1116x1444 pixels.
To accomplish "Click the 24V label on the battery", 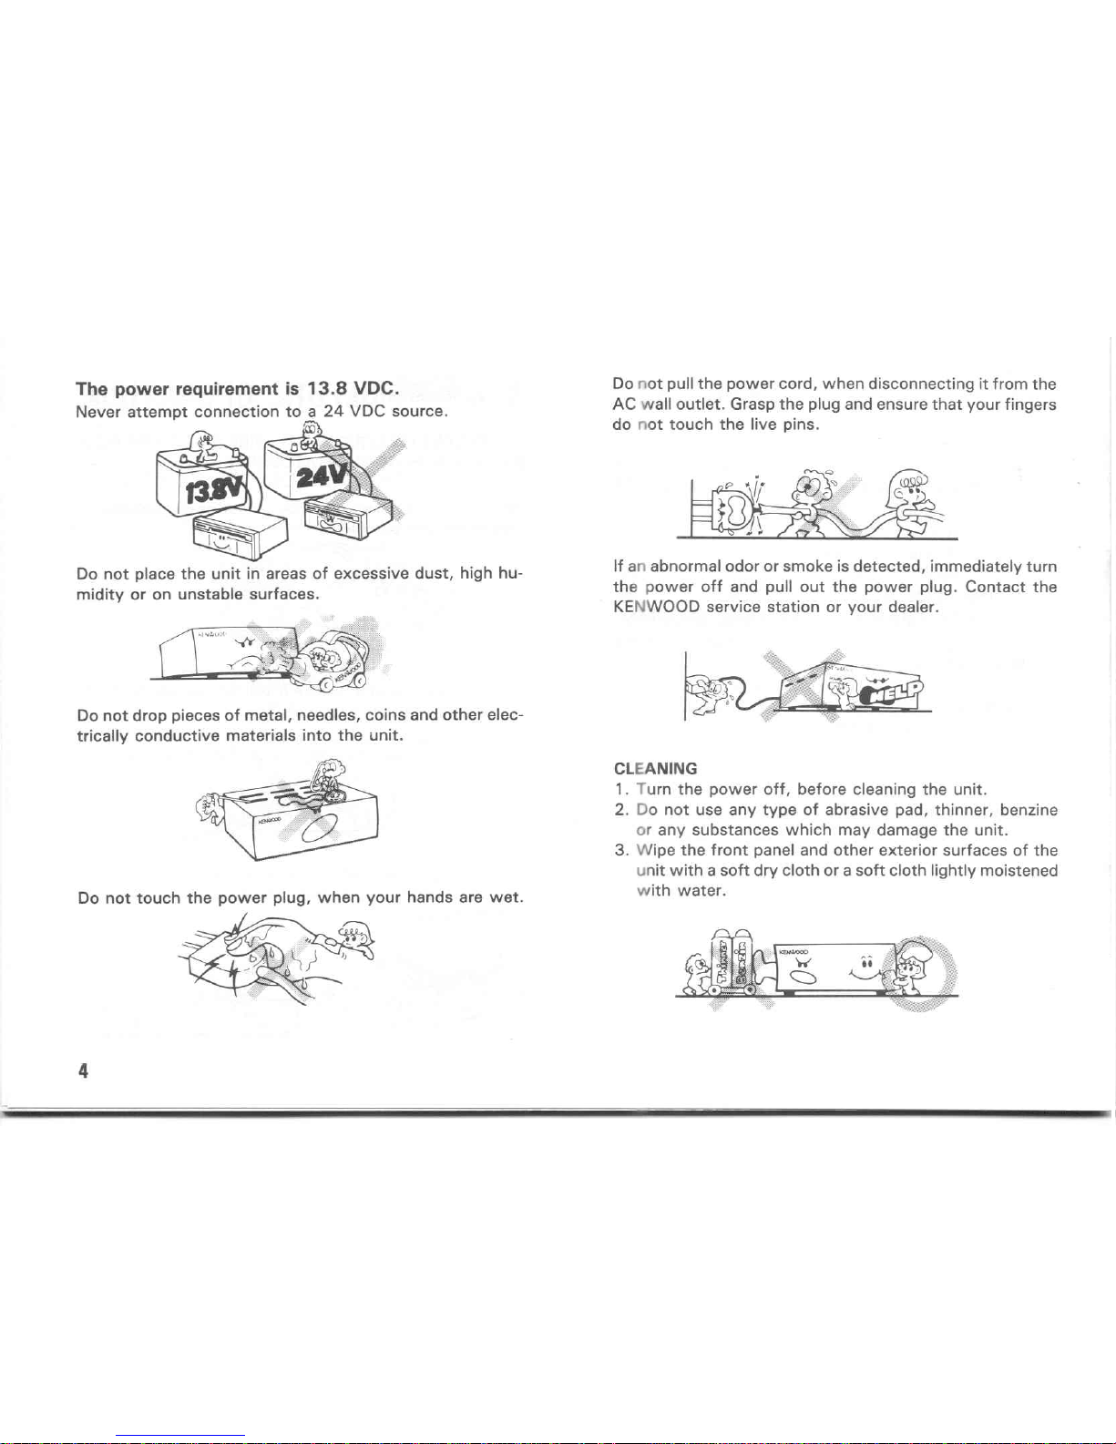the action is tap(323, 475).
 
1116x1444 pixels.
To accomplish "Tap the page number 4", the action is tap(83, 1070).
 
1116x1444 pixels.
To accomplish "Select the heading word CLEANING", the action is tap(655, 769).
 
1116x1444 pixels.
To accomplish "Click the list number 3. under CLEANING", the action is tap(621, 851).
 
